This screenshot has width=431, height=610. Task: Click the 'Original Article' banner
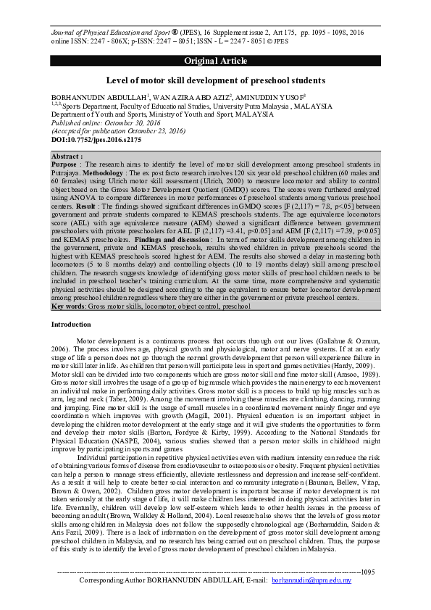coord(215,59)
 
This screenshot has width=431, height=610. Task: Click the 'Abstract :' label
coord(67,156)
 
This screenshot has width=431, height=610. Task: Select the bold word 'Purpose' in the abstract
coord(66,164)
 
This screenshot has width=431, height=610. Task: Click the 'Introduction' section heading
coord(71,325)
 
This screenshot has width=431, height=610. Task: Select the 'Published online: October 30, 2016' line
coord(98,123)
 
